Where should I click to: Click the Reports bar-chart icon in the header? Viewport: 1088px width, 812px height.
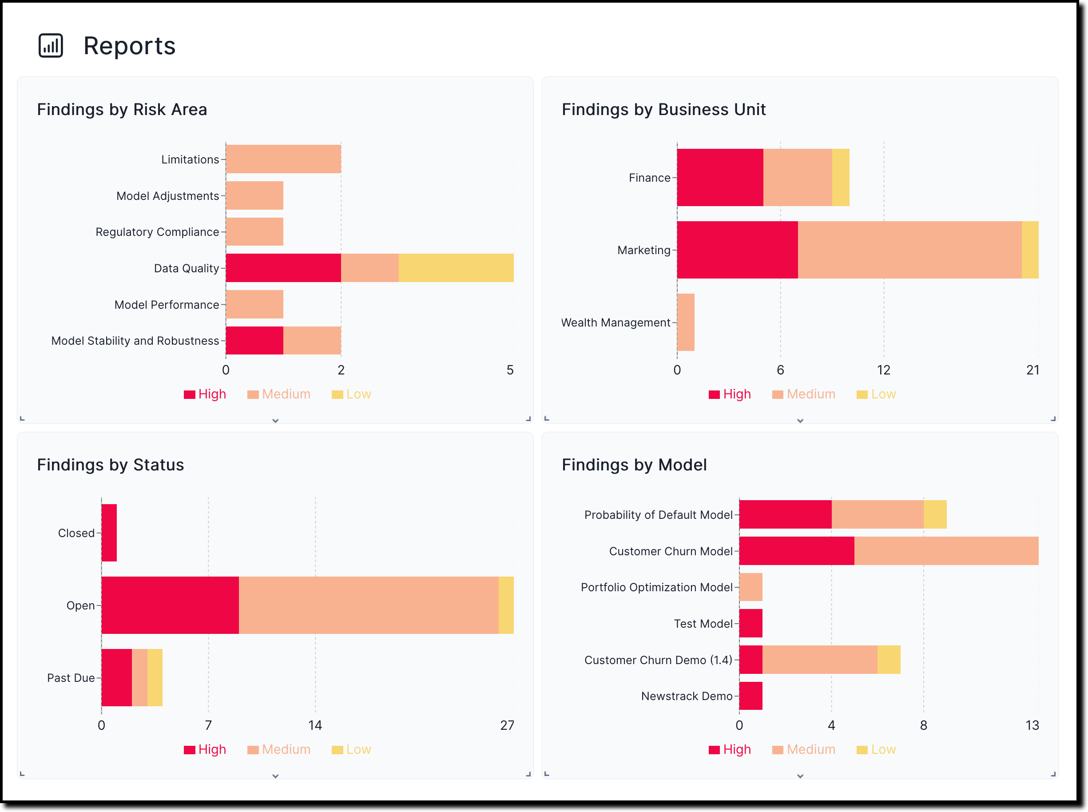(x=51, y=46)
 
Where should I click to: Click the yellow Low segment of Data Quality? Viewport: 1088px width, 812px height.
(x=456, y=268)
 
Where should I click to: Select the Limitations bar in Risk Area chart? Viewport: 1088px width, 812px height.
(x=283, y=159)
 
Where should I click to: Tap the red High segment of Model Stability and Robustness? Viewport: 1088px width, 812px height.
(x=254, y=340)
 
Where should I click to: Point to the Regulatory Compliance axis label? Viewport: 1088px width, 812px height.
(x=157, y=232)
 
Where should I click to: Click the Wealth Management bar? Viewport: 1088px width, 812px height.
(x=686, y=322)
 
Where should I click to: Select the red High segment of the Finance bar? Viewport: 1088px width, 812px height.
(x=719, y=177)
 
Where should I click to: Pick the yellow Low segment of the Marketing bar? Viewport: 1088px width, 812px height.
(x=1029, y=250)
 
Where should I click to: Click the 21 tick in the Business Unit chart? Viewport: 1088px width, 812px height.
(x=1032, y=370)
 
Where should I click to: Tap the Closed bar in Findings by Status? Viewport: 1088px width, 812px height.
(x=109, y=533)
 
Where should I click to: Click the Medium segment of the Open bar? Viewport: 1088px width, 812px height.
(x=369, y=605)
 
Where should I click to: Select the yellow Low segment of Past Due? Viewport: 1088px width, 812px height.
(x=155, y=677)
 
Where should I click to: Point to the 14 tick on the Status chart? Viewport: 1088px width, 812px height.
(x=315, y=725)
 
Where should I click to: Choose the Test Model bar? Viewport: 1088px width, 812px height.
(x=750, y=623)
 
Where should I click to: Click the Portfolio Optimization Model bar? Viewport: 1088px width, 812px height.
(x=750, y=587)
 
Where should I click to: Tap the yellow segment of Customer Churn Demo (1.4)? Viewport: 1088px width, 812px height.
(x=889, y=660)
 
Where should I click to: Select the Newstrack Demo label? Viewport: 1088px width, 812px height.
(x=686, y=696)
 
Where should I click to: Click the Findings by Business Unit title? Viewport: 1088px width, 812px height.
(x=663, y=109)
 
